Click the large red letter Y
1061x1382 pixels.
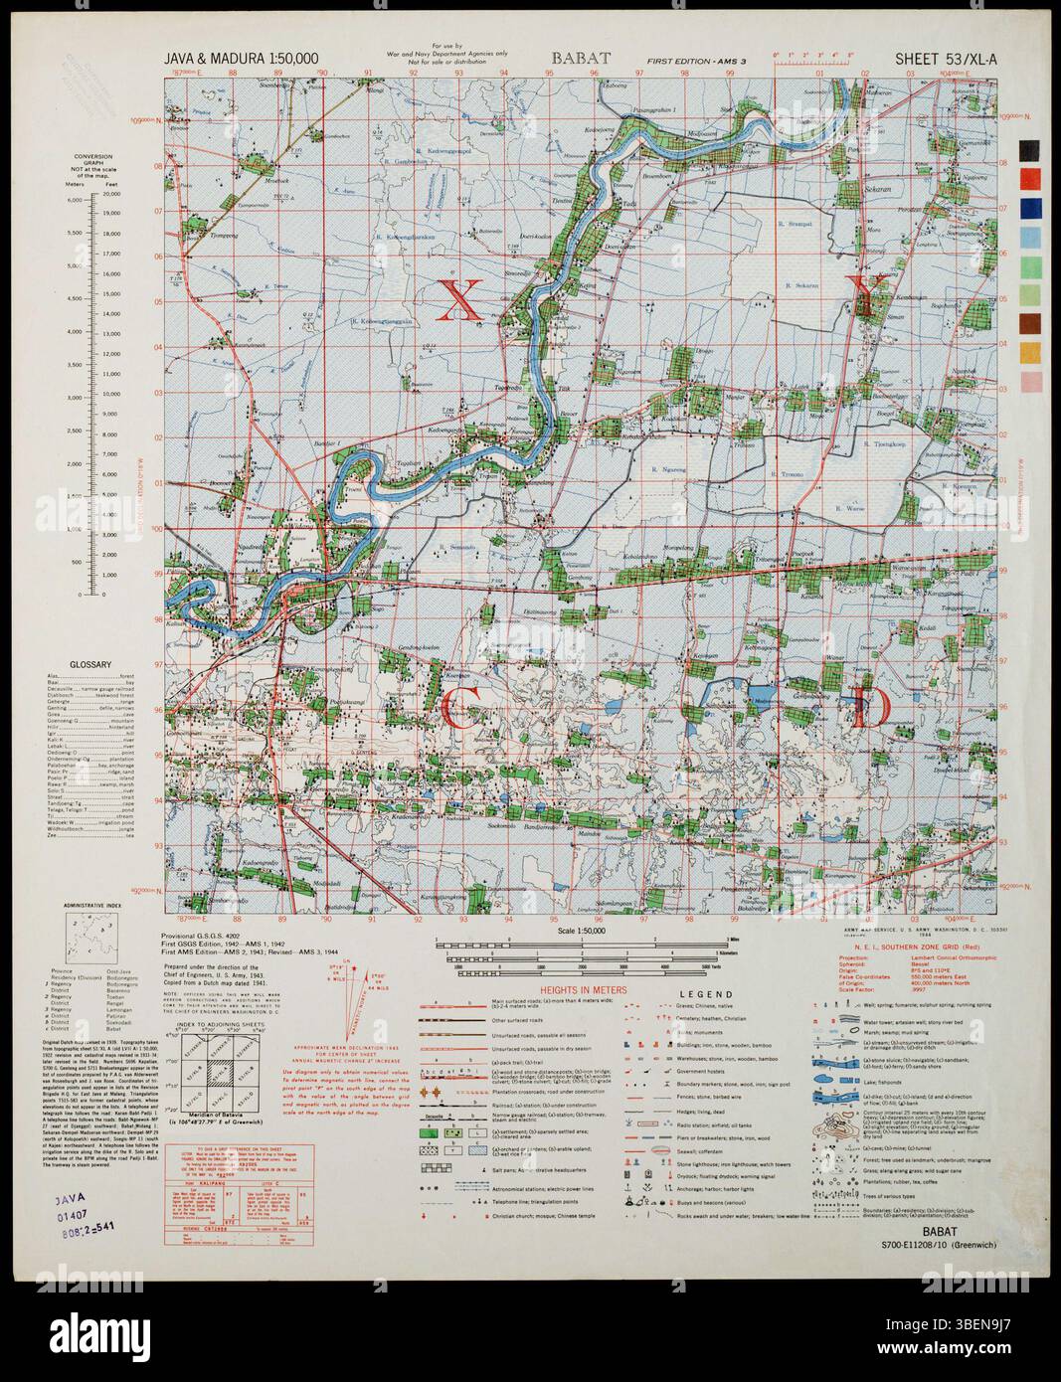coord(869,295)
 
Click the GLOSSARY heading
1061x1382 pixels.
coord(89,665)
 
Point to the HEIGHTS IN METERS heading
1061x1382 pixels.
coord(585,991)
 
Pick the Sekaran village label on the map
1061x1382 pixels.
coord(876,186)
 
